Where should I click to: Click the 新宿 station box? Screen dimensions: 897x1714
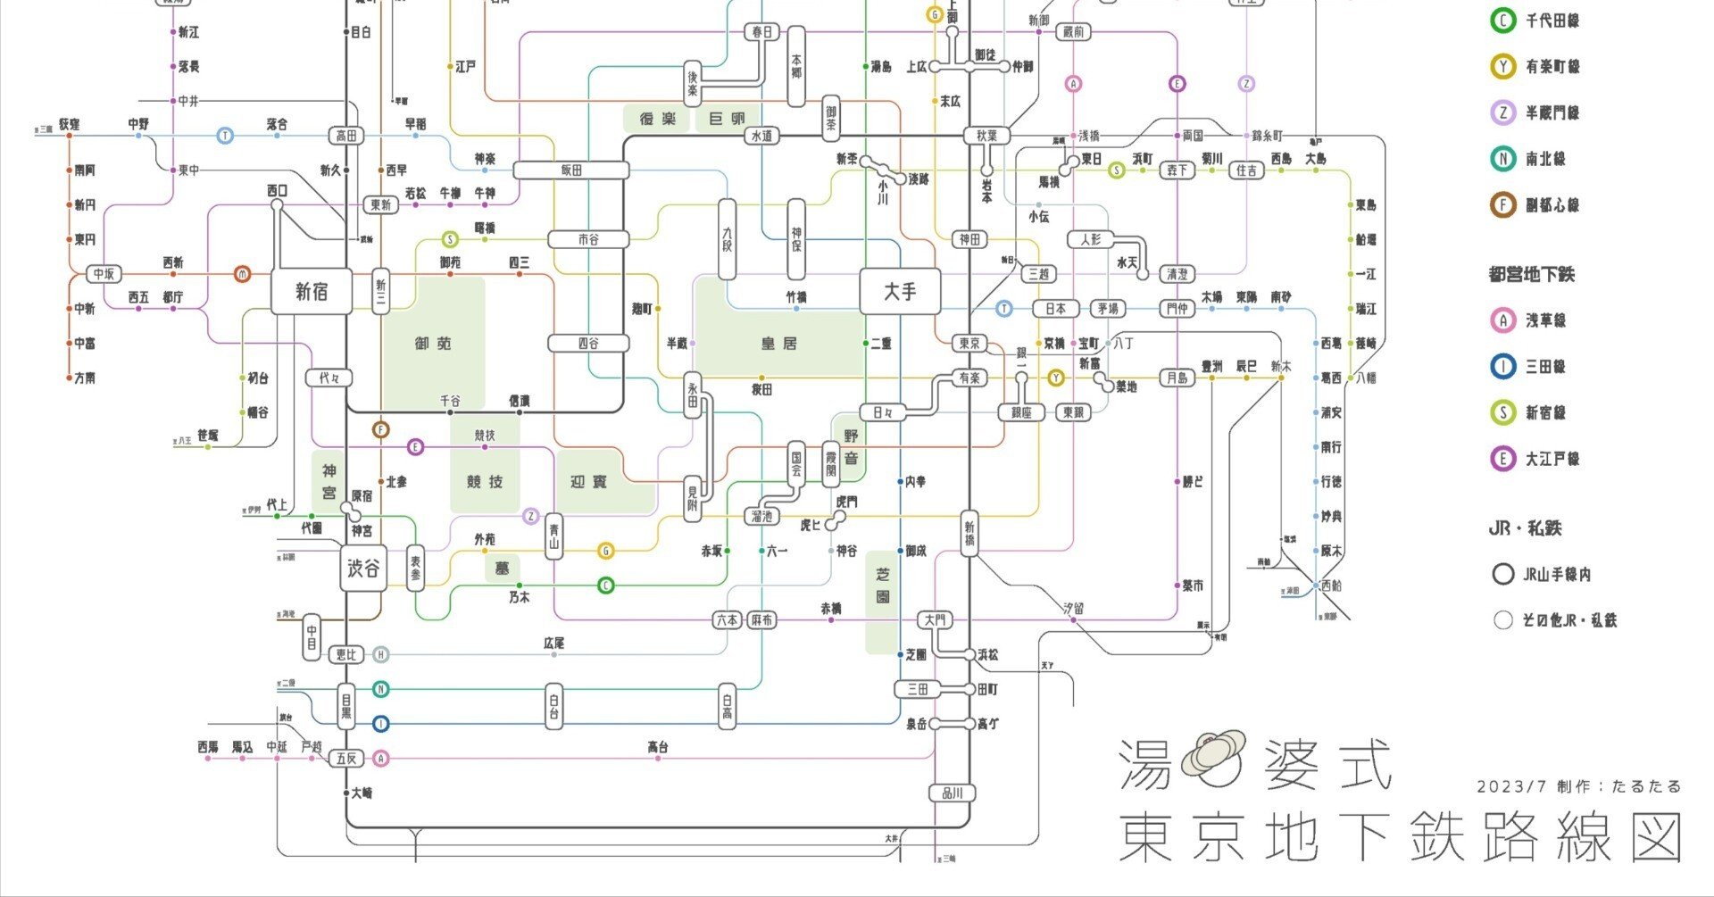[x=311, y=291]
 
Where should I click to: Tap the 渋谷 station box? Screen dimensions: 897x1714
[x=363, y=569]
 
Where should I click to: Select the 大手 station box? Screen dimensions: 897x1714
[x=900, y=291]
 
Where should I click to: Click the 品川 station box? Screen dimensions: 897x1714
[x=953, y=793]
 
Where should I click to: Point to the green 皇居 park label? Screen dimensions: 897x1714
[x=778, y=343]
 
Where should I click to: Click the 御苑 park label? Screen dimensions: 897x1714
[x=433, y=343]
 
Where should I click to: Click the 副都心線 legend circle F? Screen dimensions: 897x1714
[x=1503, y=204]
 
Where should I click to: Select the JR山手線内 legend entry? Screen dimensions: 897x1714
[x=1556, y=574]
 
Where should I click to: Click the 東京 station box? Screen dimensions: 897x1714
[x=969, y=343]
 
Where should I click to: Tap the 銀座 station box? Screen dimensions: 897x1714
[x=1021, y=412]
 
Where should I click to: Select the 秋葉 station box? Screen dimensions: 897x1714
[x=986, y=136]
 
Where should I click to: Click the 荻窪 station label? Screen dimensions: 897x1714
[x=70, y=124]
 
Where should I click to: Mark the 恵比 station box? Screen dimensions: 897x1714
[x=345, y=654]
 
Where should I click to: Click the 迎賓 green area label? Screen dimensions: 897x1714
[x=588, y=482]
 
